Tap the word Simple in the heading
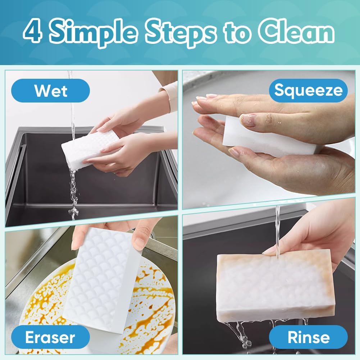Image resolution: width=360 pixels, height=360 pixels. pyautogui.click(x=93, y=33)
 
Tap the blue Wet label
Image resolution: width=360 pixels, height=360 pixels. pyautogui.click(x=50, y=91)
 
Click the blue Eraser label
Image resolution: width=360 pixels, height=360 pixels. pyautogui.click(x=50, y=337)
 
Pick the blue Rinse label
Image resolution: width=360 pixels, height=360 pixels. pyautogui.click(x=308, y=337)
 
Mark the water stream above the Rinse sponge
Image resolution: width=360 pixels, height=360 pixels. pyautogui.click(x=277, y=227)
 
